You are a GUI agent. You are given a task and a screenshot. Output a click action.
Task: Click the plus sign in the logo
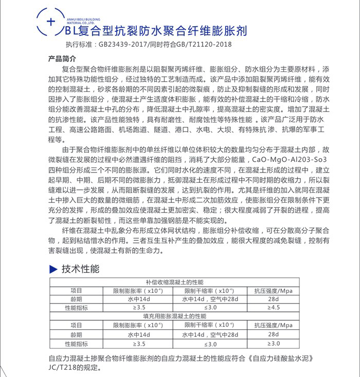(50, 22)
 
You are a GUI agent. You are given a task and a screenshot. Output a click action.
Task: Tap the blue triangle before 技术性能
(52, 269)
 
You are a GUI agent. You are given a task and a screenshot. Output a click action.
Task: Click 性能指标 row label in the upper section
(76, 307)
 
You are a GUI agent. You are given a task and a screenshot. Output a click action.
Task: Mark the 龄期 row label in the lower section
(76, 334)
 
